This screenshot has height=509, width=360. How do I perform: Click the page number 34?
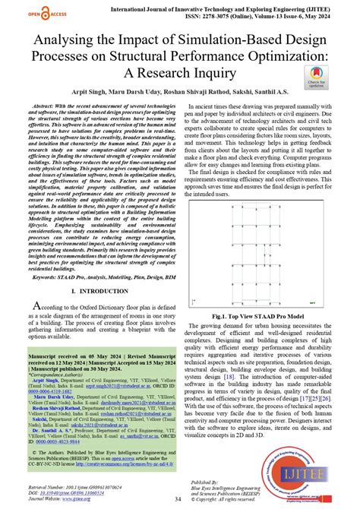point(177,498)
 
